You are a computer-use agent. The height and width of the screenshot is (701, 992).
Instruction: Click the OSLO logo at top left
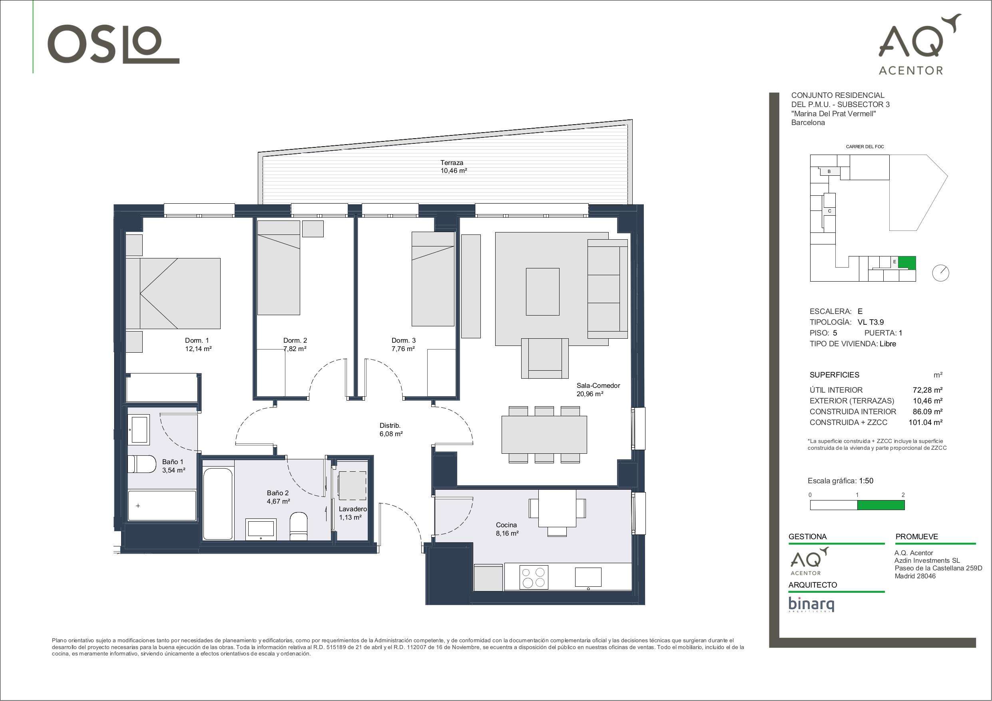click(113, 44)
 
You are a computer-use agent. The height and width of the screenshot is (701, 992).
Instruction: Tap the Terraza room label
click(452, 163)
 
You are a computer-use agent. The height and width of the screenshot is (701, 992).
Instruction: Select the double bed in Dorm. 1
click(173, 293)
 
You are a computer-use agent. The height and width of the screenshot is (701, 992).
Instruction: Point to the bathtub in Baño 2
click(218, 499)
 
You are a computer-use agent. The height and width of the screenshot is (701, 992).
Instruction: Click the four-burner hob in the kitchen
click(534, 578)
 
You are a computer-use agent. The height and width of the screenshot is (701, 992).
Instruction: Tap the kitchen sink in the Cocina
click(588, 578)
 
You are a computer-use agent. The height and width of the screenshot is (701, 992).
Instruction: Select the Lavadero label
click(353, 509)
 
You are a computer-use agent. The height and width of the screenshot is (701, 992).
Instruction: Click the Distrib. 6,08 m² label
click(391, 430)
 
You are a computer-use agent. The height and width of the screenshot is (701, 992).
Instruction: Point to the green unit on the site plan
click(907, 262)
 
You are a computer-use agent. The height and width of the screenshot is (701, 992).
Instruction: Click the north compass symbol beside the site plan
click(940, 273)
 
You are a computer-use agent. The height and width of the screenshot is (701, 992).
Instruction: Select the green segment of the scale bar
click(880, 505)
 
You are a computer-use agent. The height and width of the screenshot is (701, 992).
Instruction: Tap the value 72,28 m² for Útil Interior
click(928, 390)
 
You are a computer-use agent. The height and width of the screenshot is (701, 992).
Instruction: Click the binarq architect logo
click(811, 604)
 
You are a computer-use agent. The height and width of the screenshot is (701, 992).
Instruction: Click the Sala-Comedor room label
click(598, 385)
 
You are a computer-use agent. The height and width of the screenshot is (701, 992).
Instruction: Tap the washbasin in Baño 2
click(260, 530)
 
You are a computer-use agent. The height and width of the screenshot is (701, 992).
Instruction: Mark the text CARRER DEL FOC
click(865, 147)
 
